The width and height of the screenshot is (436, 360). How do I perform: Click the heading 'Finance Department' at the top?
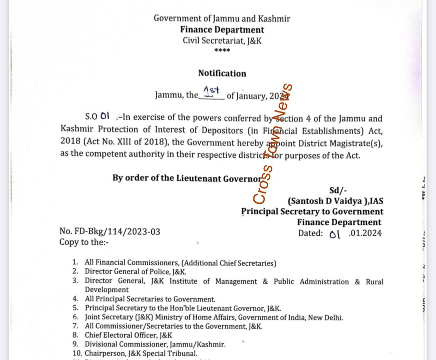tap(222, 30)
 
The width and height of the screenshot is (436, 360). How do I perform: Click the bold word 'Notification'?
tap(222, 73)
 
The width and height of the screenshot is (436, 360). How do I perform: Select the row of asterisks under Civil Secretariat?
tap(222, 50)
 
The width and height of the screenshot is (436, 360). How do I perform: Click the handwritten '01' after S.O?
tap(105, 116)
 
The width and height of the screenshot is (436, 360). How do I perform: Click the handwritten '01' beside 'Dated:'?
tap(335, 234)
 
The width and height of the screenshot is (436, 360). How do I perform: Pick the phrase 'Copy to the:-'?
tap(84, 242)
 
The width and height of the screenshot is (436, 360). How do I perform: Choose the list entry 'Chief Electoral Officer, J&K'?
tap(129, 335)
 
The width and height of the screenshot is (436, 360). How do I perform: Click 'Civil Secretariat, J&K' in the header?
tap(222, 41)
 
